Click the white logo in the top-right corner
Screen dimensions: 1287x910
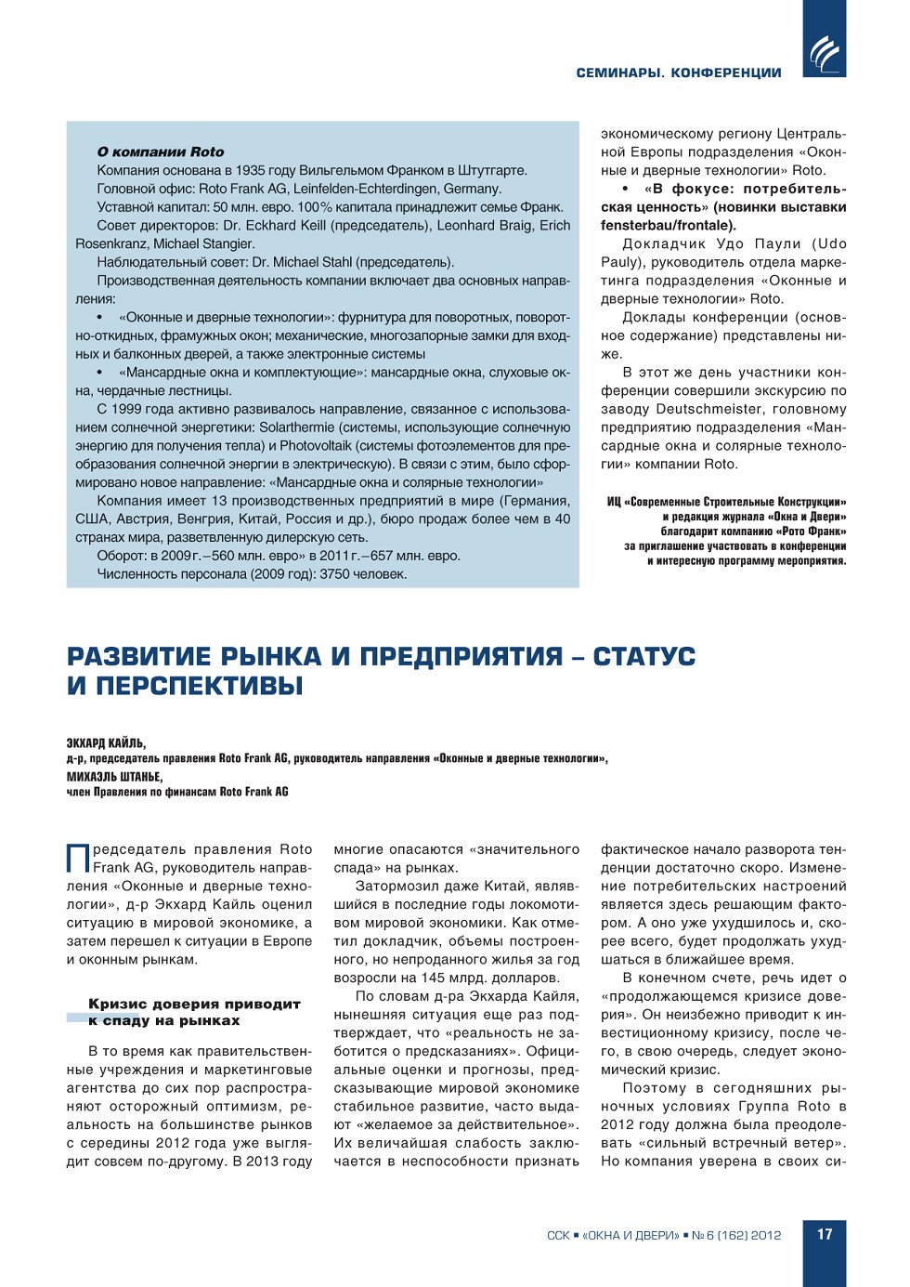(824, 52)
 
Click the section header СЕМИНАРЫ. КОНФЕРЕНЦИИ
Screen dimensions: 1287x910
(678, 72)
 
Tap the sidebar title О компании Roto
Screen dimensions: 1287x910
(161, 151)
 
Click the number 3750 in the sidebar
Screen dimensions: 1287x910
(335, 574)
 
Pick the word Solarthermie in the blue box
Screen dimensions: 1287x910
(298, 427)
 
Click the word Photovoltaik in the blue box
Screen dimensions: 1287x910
(316, 446)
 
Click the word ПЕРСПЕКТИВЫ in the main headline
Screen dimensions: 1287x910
(200, 687)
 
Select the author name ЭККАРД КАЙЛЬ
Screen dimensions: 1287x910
(106, 743)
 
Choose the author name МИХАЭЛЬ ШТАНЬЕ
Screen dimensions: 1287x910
(114, 777)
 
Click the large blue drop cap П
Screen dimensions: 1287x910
(78, 857)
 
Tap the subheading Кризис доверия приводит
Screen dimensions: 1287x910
(194, 1005)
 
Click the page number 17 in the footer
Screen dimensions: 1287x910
(825, 1234)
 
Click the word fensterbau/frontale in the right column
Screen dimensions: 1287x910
(666, 226)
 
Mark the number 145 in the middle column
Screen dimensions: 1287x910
(433, 978)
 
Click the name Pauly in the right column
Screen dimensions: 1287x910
(619, 262)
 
